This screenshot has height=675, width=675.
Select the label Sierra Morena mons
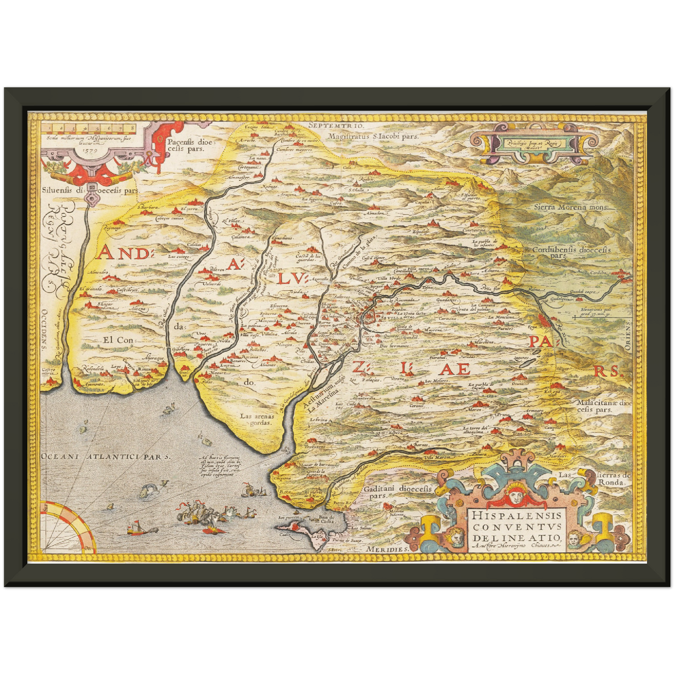pyautogui.click(x=571, y=207)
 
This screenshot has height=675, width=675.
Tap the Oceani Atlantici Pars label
pyautogui.click(x=106, y=456)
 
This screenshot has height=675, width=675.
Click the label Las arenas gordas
pyautogui.click(x=256, y=419)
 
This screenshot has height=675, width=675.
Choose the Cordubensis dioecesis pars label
pyautogui.click(x=572, y=252)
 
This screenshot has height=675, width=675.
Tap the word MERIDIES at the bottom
pyautogui.click(x=388, y=549)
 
